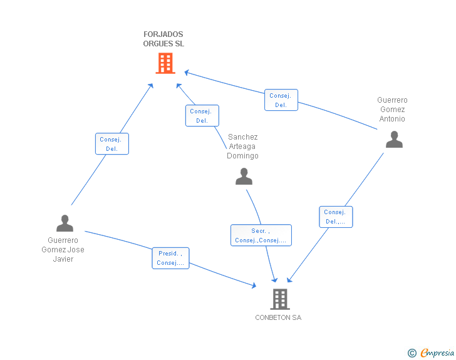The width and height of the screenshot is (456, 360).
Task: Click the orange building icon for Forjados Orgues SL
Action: (x=165, y=63)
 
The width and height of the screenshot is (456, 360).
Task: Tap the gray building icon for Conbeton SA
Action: (x=279, y=299)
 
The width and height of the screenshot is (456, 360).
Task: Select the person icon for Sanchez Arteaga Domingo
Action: (x=243, y=177)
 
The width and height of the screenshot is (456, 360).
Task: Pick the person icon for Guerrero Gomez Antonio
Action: (x=394, y=139)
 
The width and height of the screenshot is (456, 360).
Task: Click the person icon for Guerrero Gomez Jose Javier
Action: (x=65, y=224)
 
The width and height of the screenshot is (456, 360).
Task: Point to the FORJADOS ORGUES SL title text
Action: (x=163, y=39)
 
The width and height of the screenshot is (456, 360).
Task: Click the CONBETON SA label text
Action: (x=278, y=317)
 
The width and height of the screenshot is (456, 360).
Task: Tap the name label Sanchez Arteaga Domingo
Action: (x=242, y=147)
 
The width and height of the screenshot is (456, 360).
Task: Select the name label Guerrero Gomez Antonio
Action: (x=392, y=110)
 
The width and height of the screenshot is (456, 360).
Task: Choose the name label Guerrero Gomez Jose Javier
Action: (x=63, y=249)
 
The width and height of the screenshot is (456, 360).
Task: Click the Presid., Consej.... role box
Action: (x=170, y=258)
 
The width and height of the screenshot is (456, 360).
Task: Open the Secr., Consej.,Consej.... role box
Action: (x=261, y=235)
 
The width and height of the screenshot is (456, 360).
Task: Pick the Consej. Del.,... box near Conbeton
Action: (x=336, y=217)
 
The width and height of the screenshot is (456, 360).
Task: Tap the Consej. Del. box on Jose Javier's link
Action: (x=112, y=144)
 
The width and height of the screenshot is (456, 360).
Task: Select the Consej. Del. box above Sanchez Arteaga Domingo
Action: (x=202, y=116)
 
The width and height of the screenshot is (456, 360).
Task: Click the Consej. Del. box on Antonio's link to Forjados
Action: (x=281, y=100)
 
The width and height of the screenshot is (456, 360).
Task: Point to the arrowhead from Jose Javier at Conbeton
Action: (x=254, y=285)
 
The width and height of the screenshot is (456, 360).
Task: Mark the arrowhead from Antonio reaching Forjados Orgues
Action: (x=186, y=73)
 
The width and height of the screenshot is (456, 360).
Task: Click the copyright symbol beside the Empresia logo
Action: (x=412, y=353)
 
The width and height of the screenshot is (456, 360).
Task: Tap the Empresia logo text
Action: (x=437, y=353)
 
